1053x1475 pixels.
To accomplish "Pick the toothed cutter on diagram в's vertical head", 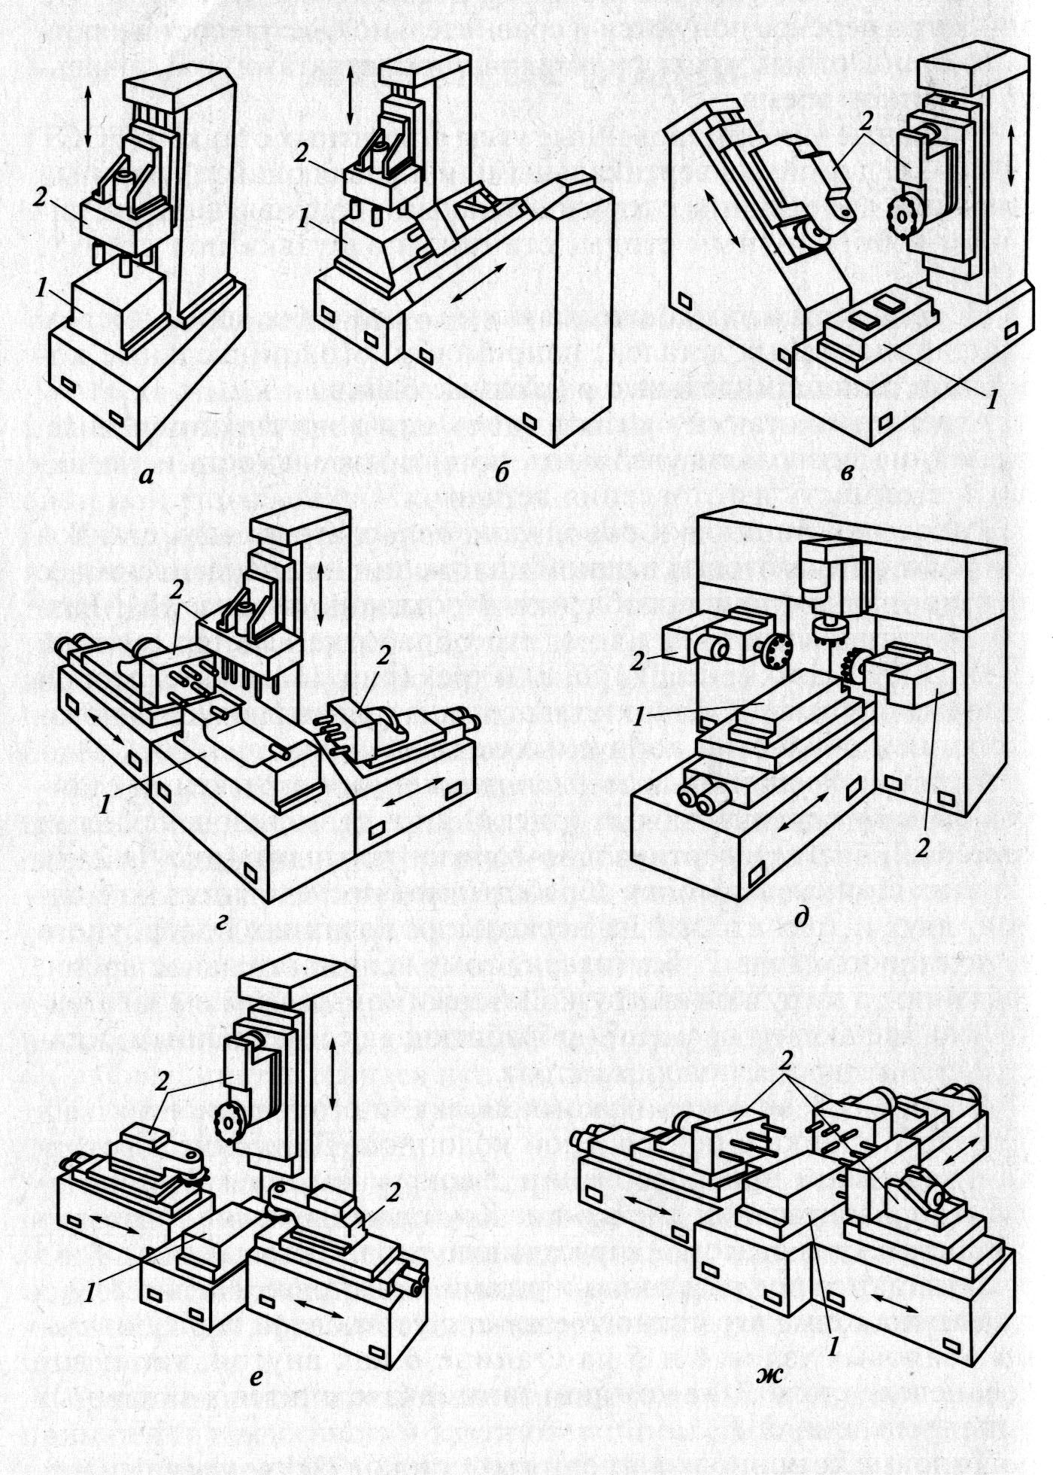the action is (900, 215).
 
